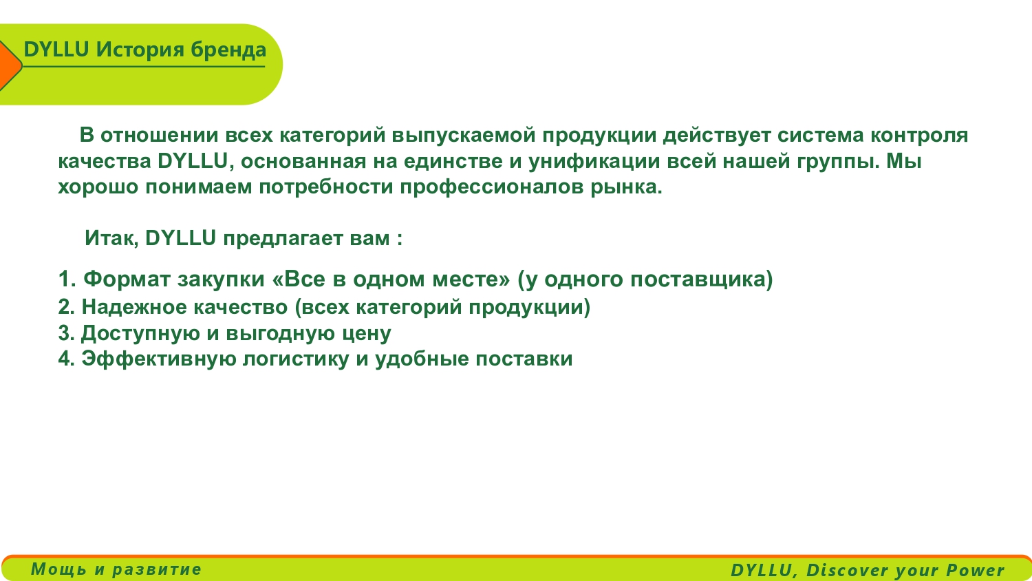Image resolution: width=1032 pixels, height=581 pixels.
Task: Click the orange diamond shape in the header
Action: coord(9,65)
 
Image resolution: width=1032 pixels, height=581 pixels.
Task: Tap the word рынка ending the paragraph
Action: coord(626,187)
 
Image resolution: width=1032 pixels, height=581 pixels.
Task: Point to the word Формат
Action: coord(127,279)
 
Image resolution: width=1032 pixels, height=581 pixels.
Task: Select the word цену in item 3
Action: coord(367,334)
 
